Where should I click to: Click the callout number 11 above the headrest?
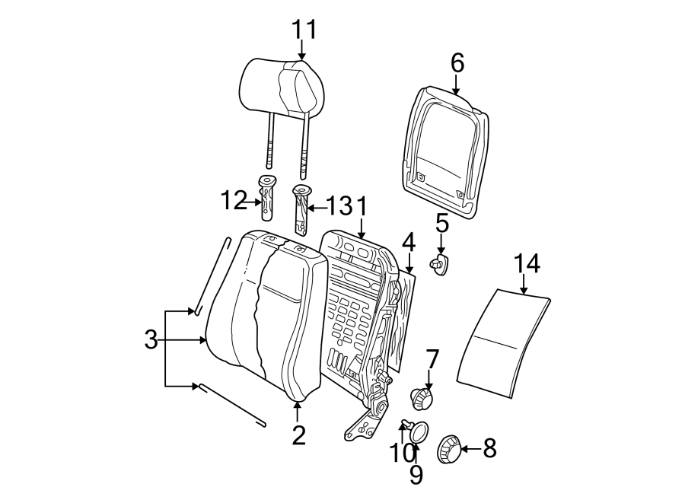(x=303, y=30)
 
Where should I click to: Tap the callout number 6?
(x=457, y=63)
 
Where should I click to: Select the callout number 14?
(x=526, y=264)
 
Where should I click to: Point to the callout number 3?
(x=151, y=340)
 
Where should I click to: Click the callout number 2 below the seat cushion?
(x=298, y=435)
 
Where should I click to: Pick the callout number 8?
(x=489, y=449)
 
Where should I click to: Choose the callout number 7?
(x=432, y=358)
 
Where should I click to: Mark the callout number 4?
(x=409, y=243)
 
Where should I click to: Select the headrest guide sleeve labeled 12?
(x=267, y=199)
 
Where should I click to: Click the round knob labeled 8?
(x=448, y=450)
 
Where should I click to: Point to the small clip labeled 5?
(x=441, y=265)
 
